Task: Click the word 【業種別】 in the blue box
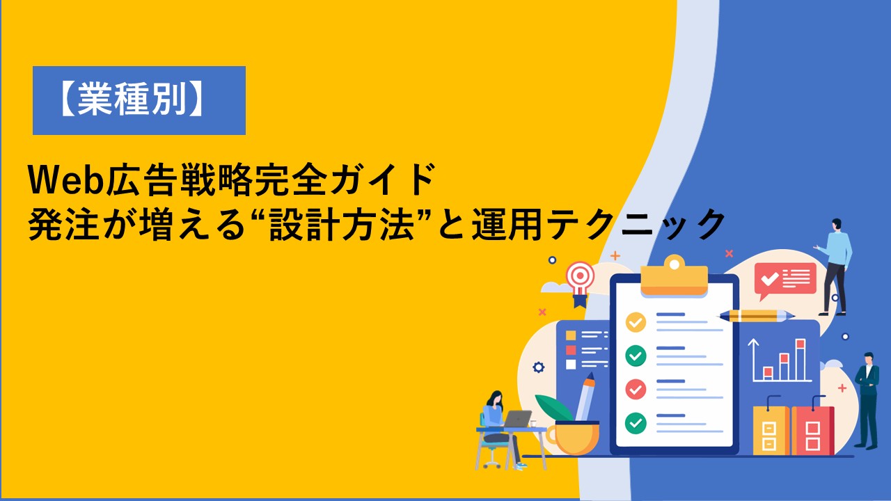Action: pyautogui.click(x=132, y=100)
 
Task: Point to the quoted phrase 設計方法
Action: pyautogui.click(x=342, y=225)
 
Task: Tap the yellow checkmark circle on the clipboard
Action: pyautogui.click(x=636, y=322)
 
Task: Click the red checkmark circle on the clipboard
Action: pyautogui.click(x=636, y=389)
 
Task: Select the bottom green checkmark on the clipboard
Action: pyautogui.click(x=636, y=422)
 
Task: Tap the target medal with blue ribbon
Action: pyautogui.click(x=581, y=283)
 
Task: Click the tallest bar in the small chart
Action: pyautogui.click(x=801, y=359)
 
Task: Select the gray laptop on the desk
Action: pyautogui.click(x=517, y=419)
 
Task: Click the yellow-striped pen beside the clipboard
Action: pyautogui.click(x=755, y=316)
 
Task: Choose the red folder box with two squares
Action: pyautogui.click(x=812, y=429)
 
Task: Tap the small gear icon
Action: pyautogui.click(x=538, y=367)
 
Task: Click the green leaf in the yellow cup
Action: pyautogui.click(x=554, y=408)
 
